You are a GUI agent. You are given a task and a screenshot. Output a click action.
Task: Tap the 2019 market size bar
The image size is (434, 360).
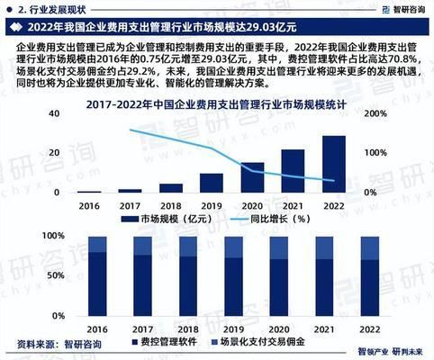pos(211,184)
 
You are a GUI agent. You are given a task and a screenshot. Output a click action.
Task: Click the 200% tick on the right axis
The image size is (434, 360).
pos(377,114)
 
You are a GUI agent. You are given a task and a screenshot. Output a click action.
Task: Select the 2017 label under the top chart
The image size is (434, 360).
pos(130,206)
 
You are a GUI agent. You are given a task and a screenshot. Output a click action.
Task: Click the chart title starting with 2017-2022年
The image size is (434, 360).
pos(217,106)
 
